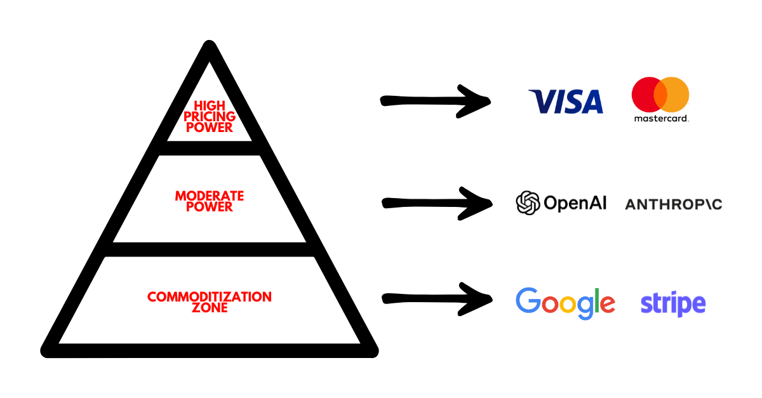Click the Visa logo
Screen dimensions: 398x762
click(565, 102)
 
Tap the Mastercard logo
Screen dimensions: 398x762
click(660, 99)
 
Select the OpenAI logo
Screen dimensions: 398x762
click(561, 203)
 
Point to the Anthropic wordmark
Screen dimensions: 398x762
click(673, 204)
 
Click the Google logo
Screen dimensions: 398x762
click(565, 303)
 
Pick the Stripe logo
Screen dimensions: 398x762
click(673, 304)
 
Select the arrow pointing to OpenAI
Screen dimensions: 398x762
click(437, 203)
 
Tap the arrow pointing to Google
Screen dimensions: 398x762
click(437, 298)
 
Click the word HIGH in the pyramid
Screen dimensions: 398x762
click(210, 106)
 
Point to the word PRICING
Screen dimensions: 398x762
click(210, 116)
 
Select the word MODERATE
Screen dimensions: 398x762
click(210, 196)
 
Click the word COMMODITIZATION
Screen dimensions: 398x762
click(210, 296)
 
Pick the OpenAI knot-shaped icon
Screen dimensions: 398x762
click(528, 203)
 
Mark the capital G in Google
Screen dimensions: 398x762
click(530, 301)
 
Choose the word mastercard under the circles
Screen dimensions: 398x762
click(660, 118)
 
